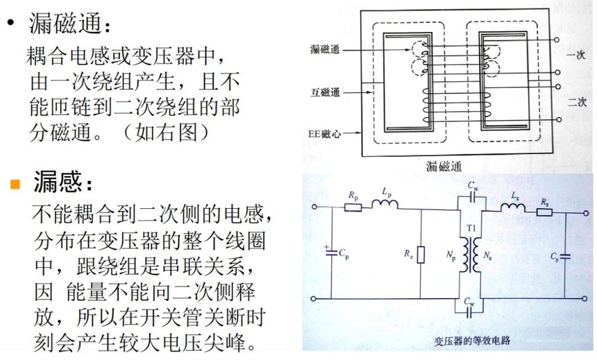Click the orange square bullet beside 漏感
coord(15,184)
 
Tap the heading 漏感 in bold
coord(57,182)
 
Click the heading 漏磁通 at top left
coord(65,23)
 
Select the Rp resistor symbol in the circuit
coord(353,207)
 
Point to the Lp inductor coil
coord(385,204)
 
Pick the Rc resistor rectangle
coord(421,255)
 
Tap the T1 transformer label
coord(471,228)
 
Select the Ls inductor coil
coord(513,208)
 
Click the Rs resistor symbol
coord(544,212)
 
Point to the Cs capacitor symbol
coord(565,257)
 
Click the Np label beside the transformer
coord(451,256)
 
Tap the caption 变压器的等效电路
coord(472,340)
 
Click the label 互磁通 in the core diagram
coord(325,92)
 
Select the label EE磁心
coord(324,134)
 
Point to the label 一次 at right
coord(575,55)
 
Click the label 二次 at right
coord(577,102)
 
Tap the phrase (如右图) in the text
coord(167,132)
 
